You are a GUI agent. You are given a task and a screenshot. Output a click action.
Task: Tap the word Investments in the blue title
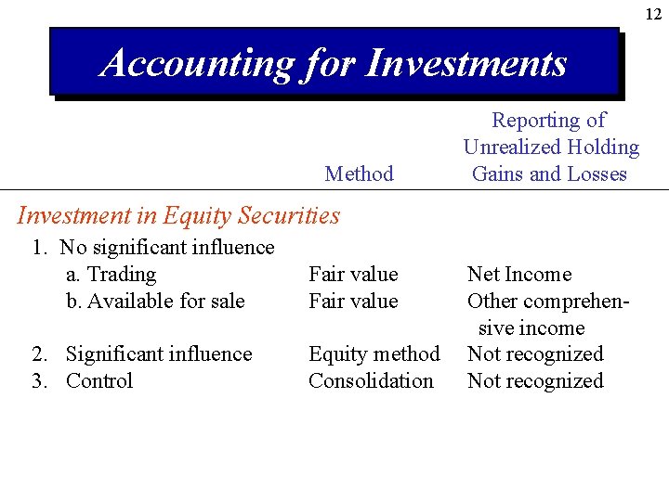coord(466,63)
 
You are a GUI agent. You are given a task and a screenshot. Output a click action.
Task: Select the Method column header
coord(359,173)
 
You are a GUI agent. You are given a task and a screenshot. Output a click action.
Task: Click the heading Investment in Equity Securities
coord(178,215)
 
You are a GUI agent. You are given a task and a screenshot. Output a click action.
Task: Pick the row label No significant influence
coord(167,248)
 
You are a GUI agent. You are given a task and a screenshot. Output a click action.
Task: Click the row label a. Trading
coord(111,275)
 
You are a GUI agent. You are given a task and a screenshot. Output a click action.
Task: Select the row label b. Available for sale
coord(155,301)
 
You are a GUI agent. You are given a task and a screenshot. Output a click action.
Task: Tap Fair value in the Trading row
coord(353,275)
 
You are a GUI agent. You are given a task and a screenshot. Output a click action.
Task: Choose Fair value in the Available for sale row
coord(353,301)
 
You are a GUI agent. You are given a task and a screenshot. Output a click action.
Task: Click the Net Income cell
coord(519,275)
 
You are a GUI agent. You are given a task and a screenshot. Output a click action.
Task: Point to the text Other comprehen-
coord(548,301)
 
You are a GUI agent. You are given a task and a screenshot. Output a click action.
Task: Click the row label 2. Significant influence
coord(142,354)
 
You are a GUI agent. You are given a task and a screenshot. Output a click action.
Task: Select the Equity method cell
coord(374,354)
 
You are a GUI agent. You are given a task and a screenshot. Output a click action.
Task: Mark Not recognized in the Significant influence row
coord(535,354)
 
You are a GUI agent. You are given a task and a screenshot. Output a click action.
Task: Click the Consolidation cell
coord(371,380)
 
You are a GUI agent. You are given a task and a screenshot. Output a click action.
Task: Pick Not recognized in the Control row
coord(535,380)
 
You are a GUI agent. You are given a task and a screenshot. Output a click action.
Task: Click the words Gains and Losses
coord(550,173)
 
